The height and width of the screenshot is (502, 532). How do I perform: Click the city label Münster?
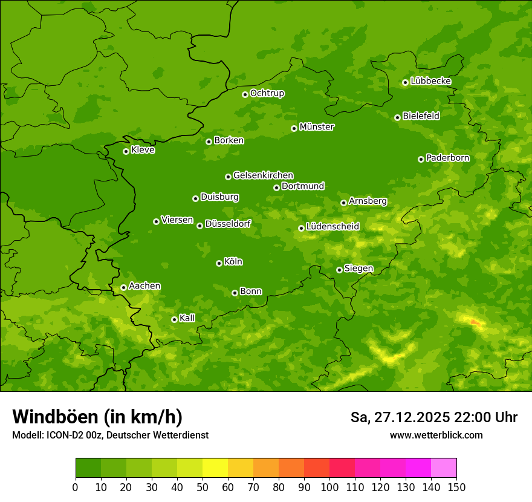(x=317, y=127)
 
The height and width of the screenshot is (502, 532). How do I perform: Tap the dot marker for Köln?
(x=219, y=263)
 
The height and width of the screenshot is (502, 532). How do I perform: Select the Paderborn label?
(x=448, y=158)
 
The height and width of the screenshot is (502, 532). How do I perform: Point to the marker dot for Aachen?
(x=123, y=287)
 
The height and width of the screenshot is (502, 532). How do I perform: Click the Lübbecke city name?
(x=430, y=81)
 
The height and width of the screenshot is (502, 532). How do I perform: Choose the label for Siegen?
(x=358, y=269)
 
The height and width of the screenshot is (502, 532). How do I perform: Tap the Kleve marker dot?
(x=126, y=151)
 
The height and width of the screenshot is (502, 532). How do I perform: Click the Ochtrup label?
(x=267, y=93)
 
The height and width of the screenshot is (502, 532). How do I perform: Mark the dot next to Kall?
(x=174, y=319)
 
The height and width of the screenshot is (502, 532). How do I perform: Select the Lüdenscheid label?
(x=332, y=227)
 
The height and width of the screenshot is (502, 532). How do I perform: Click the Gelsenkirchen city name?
(x=263, y=175)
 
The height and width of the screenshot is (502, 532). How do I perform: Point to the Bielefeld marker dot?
(x=397, y=117)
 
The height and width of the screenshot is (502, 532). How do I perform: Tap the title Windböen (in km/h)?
(x=97, y=417)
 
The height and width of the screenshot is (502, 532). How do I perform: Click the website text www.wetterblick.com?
(x=436, y=435)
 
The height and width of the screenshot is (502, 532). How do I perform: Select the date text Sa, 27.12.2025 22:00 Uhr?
(x=433, y=417)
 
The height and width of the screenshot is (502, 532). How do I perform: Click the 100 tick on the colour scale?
(x=329, y=487)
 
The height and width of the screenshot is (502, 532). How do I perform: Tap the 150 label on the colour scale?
(x=456, y=487)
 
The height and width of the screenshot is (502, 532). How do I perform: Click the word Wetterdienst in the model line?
(x=180, y=435)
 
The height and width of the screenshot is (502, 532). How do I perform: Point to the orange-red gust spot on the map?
(x=475, y=322)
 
